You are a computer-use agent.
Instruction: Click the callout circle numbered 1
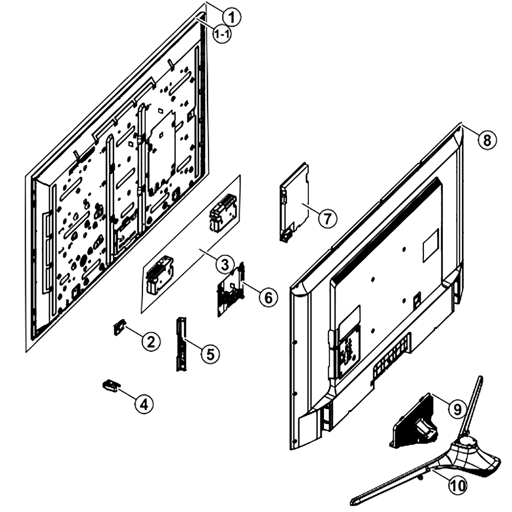pos(231,17)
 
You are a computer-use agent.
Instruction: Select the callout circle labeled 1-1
pos(222,34)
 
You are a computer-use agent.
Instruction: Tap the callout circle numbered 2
pos(151,342)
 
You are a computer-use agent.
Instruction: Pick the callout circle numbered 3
pos(225,265)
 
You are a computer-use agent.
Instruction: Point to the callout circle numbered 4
pos(144,404)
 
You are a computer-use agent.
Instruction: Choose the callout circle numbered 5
pos(210,354)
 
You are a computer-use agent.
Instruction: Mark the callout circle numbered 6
pos(268,297)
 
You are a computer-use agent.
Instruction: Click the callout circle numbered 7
pos(328,218)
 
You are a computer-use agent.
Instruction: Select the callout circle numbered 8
pos(487,140)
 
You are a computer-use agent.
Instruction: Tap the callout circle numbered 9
pos(457,408)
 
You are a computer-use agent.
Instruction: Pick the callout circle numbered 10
pos(458,485)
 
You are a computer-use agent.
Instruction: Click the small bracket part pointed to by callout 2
pos(119,327)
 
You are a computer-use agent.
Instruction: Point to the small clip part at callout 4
pos(111,385)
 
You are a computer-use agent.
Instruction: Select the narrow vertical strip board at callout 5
pos(182,344)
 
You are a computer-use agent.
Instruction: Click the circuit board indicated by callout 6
pos(231,289)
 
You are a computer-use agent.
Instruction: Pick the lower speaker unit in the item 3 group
pos(160,275)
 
